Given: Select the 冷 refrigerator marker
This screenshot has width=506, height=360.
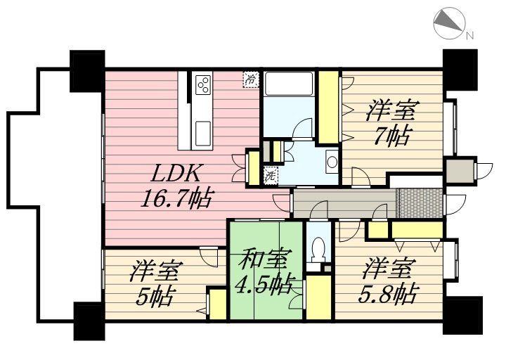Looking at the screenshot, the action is point(251,79).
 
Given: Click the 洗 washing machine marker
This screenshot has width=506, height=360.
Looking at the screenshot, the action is point(271,176).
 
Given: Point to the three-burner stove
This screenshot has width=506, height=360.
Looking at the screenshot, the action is point(203,84).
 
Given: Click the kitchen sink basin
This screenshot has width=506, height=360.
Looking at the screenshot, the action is point(202,133).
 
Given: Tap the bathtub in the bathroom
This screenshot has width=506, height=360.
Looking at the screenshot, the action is point(289,84).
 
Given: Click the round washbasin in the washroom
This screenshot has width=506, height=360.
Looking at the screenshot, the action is point(332,162).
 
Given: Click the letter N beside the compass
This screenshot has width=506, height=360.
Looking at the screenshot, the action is point(469,35).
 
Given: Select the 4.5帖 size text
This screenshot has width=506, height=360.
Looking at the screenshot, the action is point(264,285).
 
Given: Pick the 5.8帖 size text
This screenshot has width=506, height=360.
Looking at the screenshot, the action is point(388,292).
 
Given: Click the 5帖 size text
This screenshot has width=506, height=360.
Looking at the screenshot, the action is point(156,296).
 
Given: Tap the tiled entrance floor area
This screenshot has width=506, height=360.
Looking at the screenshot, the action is point(420,203).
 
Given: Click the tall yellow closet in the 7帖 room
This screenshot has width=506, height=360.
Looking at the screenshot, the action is point(328,107).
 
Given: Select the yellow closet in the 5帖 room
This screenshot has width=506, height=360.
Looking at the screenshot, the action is point(217,304).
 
